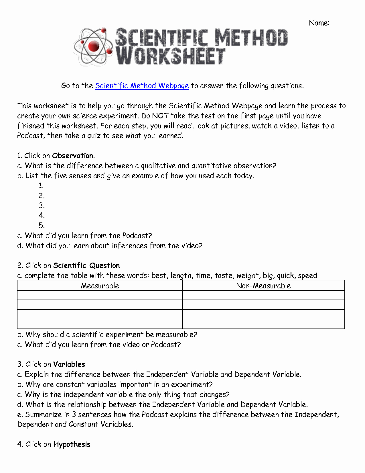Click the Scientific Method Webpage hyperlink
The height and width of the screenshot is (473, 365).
[142, 86]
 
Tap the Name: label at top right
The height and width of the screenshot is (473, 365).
[319, 23]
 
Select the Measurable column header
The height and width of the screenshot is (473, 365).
[100, 286]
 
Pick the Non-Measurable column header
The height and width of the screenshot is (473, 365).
[263, 286]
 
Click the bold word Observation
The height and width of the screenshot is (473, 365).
[73, 156]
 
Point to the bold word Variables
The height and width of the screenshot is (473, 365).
[69, 364]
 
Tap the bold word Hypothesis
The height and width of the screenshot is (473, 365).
[72, 444]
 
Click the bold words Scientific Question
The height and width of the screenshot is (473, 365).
[86, 265]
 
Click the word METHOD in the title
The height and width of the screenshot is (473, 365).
[251, 38]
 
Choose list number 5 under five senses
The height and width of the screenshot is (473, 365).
[42, 225]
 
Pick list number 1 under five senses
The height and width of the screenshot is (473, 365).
[41, 186]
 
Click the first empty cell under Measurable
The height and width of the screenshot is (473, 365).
[100, 295]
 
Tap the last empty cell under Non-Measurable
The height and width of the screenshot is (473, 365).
[263, 324]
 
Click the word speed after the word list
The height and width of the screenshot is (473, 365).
[307, 275]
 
